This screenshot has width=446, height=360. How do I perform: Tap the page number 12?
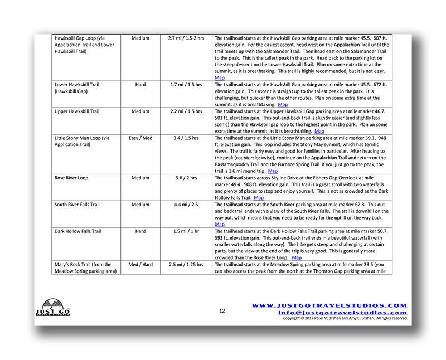tap(222, 311)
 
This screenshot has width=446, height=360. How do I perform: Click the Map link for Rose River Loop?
tap(259, 197)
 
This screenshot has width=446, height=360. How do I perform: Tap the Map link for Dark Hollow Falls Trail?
tap(297, 257)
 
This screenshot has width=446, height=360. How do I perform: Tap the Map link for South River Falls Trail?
tap(220, 224)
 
